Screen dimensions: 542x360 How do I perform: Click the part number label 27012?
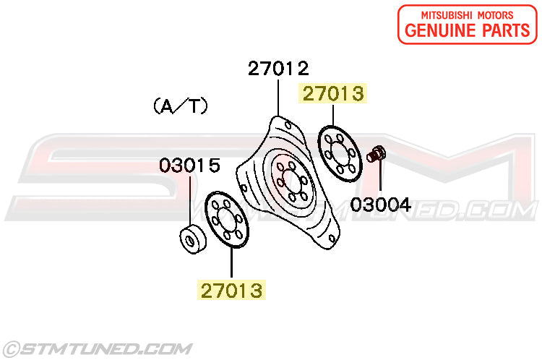(278, 68)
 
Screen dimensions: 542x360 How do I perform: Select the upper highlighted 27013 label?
(333, 93)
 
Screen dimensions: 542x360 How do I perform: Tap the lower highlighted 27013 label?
(231, 290)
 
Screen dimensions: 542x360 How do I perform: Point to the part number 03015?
(190, 166)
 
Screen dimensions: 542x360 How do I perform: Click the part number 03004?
(381, 205)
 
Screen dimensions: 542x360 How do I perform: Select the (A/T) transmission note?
(181, 106)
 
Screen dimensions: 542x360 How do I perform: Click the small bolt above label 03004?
(376, 154)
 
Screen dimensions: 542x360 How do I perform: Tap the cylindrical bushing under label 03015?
(193, 239)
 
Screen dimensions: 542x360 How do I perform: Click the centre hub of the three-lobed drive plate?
(292, 181)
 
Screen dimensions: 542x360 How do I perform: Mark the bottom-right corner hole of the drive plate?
(332, 239)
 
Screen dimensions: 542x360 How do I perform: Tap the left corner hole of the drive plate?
(244, 189)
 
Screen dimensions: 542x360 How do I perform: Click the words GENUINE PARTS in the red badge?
(468, 30)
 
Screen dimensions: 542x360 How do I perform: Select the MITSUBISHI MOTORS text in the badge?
(468, 15)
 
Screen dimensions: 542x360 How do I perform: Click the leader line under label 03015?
(190, 201)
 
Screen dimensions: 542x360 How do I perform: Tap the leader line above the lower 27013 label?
(231, 262)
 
